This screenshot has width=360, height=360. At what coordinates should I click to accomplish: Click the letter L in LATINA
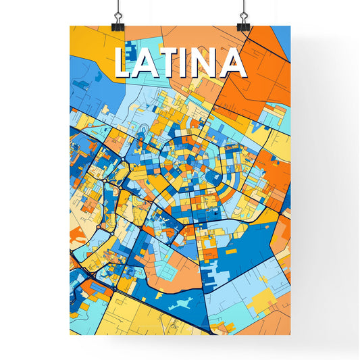[x=126, y=63]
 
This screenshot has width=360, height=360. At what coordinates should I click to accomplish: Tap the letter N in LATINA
[x=207, y=63]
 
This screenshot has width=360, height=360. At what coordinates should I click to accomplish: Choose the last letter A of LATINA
[x=233, y=63]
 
